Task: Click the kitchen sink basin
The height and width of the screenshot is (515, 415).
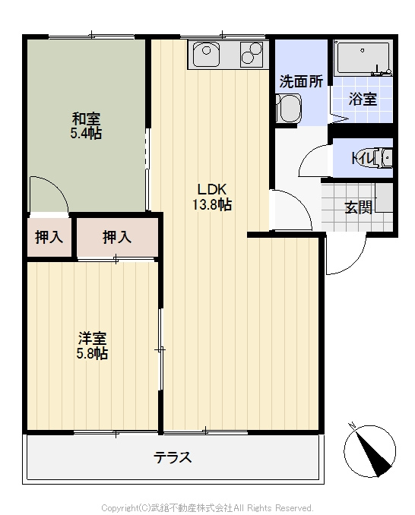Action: (x=206, y=54)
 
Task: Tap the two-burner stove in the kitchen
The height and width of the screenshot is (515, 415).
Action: (x=252, y=54)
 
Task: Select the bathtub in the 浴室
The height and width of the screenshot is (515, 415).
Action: (x=363, y=58)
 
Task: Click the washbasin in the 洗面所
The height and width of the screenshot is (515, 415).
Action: (x=288, y=108)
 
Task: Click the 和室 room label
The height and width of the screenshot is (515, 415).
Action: (x=86, y=118)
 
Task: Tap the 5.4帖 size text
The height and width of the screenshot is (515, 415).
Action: (x=86, y=133)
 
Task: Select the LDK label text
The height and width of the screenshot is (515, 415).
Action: (x=212, y=189)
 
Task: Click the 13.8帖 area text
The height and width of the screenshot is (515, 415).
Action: (x=212, y=204)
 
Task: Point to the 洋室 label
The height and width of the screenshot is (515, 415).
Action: (x=92, y=338)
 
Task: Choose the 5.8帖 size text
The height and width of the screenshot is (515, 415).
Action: (x=92, y=353)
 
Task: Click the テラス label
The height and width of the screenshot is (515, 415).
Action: (x=173, y=457)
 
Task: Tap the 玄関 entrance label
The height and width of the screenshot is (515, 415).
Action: (x=359, y=207)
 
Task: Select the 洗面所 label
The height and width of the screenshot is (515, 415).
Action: (x=301, y=81)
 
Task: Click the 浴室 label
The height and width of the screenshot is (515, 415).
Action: (x=363, y=99)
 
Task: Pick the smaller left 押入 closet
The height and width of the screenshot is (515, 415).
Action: (x=49, y=237)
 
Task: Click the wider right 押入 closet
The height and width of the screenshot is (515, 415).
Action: (x=117, y=237)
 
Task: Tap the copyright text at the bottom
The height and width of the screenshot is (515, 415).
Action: (x=207, y=507)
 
